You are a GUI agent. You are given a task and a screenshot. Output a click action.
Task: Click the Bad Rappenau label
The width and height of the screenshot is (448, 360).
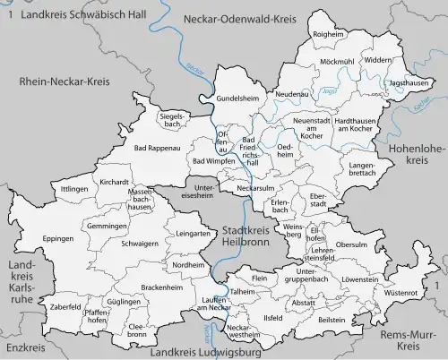point(153,148)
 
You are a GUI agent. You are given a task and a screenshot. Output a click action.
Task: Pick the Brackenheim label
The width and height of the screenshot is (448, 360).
point(161,288)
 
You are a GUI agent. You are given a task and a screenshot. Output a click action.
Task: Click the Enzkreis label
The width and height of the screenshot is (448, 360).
point(22,347)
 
